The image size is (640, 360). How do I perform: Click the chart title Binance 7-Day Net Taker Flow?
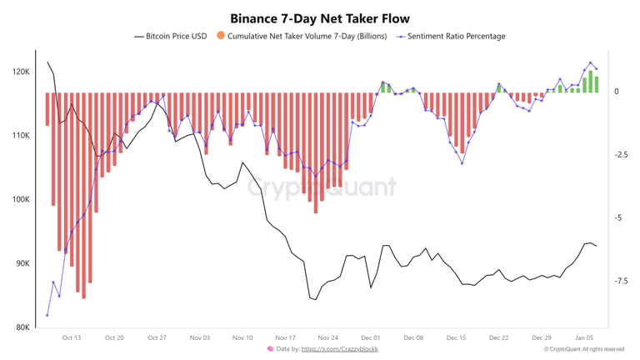(x=320, y=18)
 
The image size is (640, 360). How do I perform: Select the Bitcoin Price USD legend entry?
(x=171, y=37)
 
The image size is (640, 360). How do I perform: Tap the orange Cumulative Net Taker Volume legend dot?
(x=221, y=36)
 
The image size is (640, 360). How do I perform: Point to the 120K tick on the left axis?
(x=21, y=72)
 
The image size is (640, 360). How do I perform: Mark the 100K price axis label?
(x=21, y=200)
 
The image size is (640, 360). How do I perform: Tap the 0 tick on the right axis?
(x=617, y=92)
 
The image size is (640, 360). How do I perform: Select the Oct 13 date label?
(x=72, y=338)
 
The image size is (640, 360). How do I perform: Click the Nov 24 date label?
(x=327, y=338)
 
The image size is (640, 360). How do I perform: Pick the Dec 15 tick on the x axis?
(x=456, y=338)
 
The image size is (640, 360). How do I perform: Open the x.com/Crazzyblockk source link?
(x=339, y=349)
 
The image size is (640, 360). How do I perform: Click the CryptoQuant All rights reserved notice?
(x=583, y=349)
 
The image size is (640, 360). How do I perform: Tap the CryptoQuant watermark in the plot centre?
(x=321, y=187)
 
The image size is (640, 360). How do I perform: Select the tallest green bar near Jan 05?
(x=591, y=82)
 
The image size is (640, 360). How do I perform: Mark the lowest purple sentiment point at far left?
(x=47, y=315)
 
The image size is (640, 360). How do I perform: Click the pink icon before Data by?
(x=270, y=349)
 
